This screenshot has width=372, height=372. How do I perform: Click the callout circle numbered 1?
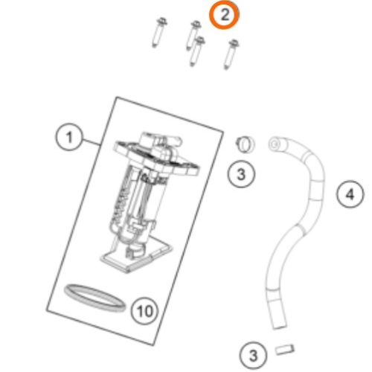(69, 137)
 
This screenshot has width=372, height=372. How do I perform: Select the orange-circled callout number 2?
(224, 15)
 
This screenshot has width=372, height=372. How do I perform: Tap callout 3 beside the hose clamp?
(241, 174)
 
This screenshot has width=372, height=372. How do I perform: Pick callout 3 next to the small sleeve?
(253, 355)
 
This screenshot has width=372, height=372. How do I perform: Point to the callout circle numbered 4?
(350, 194)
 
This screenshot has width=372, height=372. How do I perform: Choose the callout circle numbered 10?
(144, 310)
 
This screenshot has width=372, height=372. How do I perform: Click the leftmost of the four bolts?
(158, 33)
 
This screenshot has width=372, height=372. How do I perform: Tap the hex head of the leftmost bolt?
(162, 21)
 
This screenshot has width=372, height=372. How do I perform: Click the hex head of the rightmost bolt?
(234, 43)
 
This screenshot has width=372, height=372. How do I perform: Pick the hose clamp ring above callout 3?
(245, 144)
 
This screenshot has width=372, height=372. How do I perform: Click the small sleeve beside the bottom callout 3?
(285, 350)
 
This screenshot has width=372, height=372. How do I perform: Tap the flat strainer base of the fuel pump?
(136, 257)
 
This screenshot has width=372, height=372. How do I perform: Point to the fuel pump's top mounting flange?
(156, 158)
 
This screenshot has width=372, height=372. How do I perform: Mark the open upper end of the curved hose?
(275, 144)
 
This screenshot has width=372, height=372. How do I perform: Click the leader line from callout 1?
(92, 142)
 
